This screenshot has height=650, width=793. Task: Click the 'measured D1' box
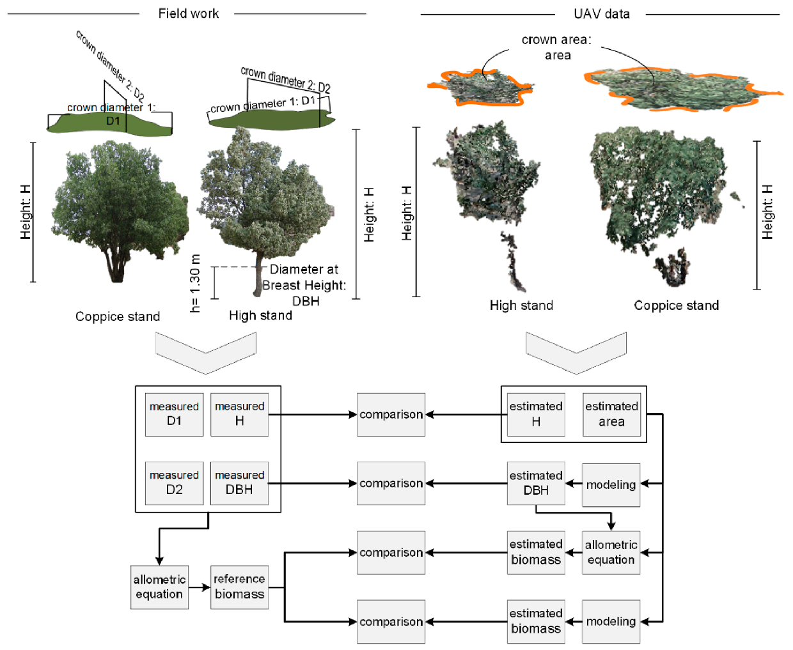coord(174,414)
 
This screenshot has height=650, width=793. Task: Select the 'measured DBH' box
coord(239,483)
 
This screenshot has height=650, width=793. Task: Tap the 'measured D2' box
coord(174,483)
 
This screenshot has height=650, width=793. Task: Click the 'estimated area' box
coord(611,414)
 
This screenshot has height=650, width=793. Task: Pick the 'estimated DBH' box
coord(536,483)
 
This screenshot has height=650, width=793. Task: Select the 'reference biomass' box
coord(239,587)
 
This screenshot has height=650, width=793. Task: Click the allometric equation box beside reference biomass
coord(159,587)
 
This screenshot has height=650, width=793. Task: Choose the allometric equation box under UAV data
coord(611,552)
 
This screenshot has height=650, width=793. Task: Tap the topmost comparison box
coord(391,414)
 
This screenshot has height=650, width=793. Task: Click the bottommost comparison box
coord(391,621)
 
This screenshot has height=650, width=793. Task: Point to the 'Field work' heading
coord(188,13)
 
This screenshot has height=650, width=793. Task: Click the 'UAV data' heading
coord(601,13)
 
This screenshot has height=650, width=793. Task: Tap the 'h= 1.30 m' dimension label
coord(196,283)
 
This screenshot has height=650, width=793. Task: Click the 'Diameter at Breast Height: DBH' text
coord(304,285)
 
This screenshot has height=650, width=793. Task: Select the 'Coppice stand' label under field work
coord(118,316)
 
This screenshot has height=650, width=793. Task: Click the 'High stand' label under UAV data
coord(521,306)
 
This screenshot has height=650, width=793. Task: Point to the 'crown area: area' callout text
coord(556,47)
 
